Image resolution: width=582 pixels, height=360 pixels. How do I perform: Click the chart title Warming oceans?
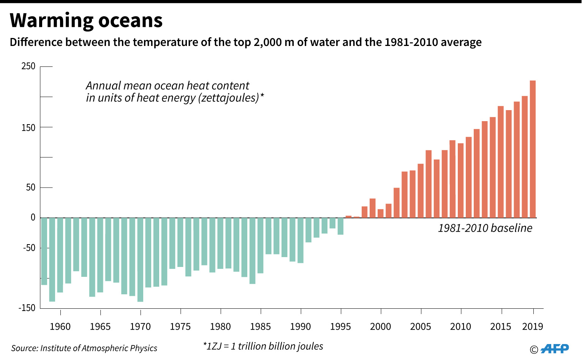pos(86,21)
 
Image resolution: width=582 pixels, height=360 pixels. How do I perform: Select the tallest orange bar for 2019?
pos(533,149)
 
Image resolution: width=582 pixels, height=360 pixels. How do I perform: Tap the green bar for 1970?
pos(140,260)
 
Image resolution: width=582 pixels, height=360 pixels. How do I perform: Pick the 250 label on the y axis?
pos(28,66)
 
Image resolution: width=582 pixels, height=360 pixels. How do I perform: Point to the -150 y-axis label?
pos(27,308)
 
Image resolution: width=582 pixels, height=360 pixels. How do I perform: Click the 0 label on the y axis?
pos(33,218)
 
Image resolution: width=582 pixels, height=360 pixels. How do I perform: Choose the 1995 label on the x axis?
pos(340,327)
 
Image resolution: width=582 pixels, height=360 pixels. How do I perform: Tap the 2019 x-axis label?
pos(533,327)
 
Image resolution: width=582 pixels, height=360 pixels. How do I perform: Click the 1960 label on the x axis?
pos(60,327)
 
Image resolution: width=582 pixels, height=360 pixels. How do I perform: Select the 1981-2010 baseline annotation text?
pos(485,228)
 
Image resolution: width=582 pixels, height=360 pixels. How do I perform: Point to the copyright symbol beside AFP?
pos(534,350)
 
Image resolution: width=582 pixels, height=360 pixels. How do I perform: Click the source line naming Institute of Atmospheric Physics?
pos(84,348)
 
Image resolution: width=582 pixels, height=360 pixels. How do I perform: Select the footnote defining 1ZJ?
pos(263,346)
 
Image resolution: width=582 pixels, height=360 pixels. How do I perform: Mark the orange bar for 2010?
pos(461,180)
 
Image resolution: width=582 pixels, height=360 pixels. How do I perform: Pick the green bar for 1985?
pos(261,245)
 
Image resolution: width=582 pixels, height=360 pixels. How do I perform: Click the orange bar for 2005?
pos(421,191)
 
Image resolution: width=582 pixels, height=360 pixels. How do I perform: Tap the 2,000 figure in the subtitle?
pos(267,42)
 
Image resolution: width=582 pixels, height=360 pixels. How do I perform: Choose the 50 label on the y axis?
pos(30,188)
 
